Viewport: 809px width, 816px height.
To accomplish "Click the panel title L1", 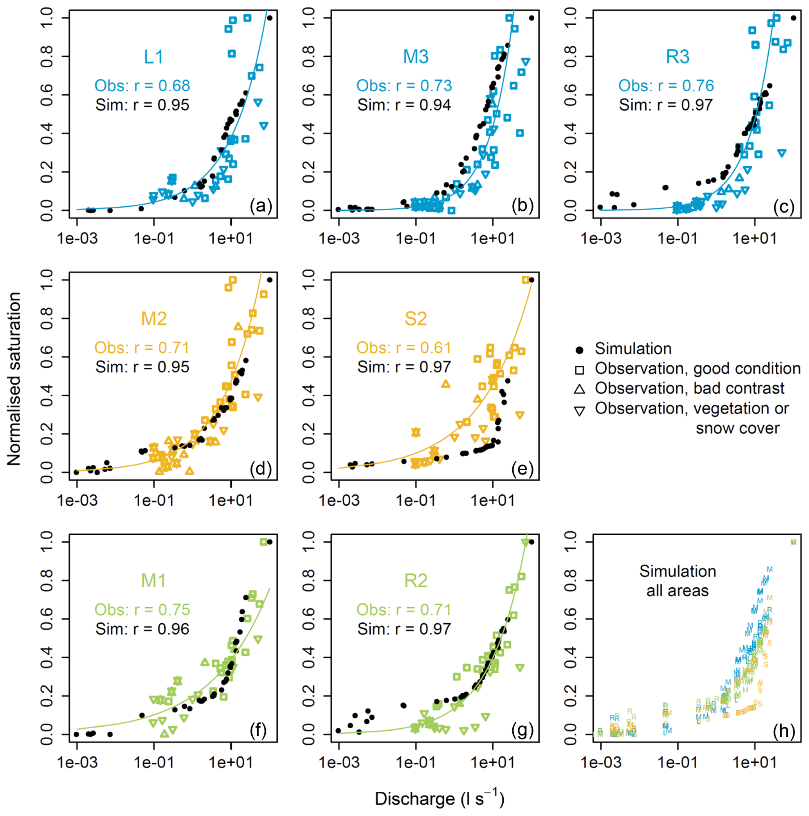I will pyautogui.click(x=153, y=57).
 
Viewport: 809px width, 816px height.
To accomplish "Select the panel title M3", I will pyautogui.click(x=416, y=57).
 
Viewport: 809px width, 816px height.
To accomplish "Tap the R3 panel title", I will pyautogui.click(x=677, y=57).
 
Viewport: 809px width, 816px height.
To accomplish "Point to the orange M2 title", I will pyautogui.click(x=154, y=319).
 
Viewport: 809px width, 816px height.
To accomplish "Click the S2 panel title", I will pyautogui.click(x=416, y=319).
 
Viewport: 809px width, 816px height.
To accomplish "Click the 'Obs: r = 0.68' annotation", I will pyautogui.click(x=142, y=86).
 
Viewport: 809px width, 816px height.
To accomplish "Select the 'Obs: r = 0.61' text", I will pyautogui.click(x=404, y=348).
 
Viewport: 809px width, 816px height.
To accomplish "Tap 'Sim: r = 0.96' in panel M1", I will pyautogui.click(x=142, y=629).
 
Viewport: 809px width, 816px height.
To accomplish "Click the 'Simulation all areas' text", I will pyautogui.click(x=677, y=581).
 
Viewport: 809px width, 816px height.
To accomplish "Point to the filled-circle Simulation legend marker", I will pyautogui.click(x=580, y=350).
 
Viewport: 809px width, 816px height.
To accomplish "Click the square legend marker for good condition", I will pyautogui.click(x=580, y=370).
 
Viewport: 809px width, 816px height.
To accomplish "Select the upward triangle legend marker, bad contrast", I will pyautogui.click(x=580, y=389).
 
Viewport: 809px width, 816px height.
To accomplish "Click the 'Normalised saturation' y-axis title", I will pyautogui.click(x=14, y=379).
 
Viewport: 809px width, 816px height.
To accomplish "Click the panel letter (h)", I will pyautogui.click(x=784, y=730).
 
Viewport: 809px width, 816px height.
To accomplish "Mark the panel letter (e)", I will pyautogui.click(x=522, y=468).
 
